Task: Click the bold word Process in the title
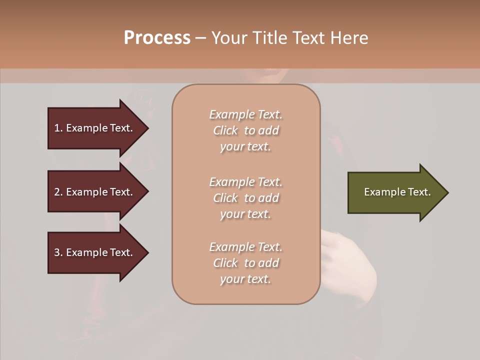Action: tap(157, 38)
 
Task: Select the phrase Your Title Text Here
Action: tap(289, 38)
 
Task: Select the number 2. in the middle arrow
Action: tap(58, 192)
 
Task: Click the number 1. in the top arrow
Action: tap(58, 128)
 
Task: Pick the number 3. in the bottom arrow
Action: tap(58, 252)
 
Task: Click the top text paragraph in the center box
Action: tap(245, 130)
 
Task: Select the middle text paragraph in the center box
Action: tap(245, 198)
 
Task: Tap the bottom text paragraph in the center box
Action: tap(245, 263)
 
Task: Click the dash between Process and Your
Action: tap(201, 38)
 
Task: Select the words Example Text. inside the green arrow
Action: tap(397, 192)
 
